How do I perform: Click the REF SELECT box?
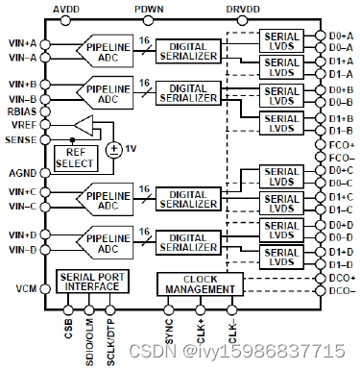tap(76, 158)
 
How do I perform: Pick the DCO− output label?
tap(341, 289)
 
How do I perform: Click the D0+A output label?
tap(342, 34)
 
